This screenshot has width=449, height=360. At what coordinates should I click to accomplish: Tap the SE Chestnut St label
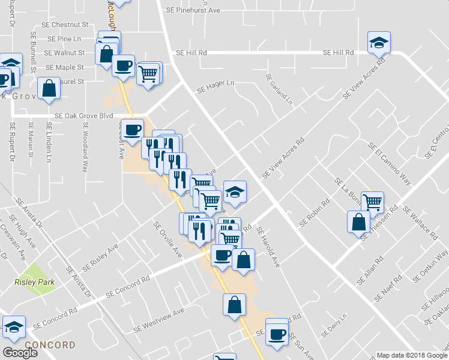point(66,25)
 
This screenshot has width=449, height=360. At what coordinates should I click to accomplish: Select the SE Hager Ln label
point(215,86)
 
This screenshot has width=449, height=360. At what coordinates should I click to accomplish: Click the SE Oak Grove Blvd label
point(83,116)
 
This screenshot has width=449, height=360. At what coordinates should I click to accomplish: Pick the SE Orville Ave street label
point(167,240)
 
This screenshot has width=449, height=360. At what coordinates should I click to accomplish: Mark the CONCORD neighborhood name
point(50,345)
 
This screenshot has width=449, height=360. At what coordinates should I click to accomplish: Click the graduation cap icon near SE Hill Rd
point(379,42)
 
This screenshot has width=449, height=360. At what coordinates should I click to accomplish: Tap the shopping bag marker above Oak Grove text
point(49,89)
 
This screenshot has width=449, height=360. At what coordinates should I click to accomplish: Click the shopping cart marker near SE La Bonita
point(372,203)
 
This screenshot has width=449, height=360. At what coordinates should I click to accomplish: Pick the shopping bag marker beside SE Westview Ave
point(234,304)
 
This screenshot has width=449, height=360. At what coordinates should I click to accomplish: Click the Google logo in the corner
point(20,353)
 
